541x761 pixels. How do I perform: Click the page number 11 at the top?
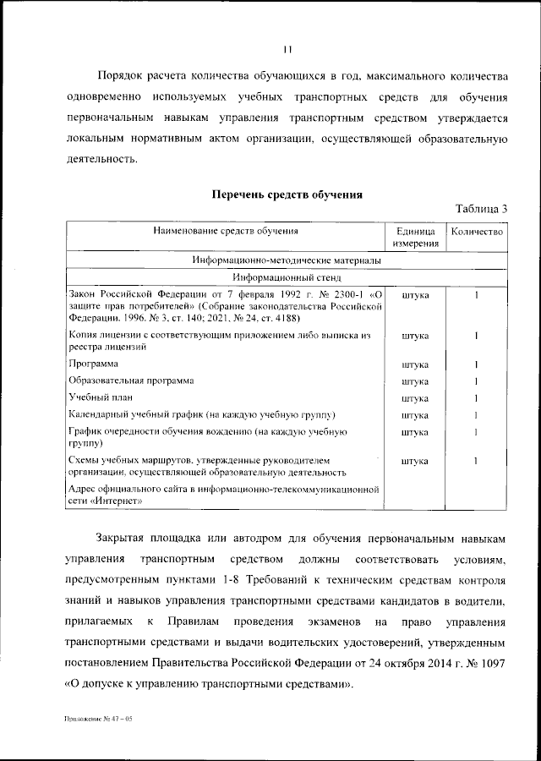[287, 50]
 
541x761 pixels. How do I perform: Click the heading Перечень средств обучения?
[287, 194]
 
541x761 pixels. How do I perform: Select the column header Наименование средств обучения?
[226, 231]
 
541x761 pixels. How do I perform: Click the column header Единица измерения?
[415, 238]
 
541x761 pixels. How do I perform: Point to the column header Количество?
[478, 231]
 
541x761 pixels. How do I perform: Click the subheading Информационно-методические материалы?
[287, 260]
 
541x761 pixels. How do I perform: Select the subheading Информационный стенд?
[287, 276]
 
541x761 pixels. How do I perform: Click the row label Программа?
[93, 364]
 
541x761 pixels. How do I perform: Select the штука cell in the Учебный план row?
[415, 398]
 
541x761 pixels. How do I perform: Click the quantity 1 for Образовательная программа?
[478, 381]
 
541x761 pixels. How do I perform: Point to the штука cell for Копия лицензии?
[415, 337]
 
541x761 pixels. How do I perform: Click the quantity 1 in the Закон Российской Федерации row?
[478, 295]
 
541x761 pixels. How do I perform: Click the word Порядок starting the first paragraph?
[122, 75]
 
